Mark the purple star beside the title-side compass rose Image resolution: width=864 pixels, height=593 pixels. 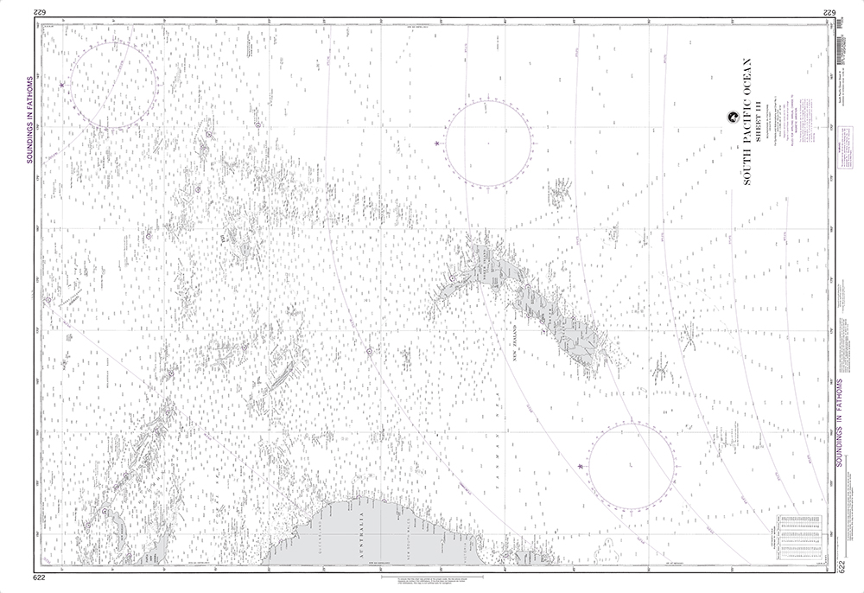(x=437, y=143)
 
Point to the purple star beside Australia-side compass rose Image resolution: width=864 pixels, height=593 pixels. (x=580, y=467)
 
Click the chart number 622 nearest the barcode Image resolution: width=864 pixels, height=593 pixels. (x=827, y=11)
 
